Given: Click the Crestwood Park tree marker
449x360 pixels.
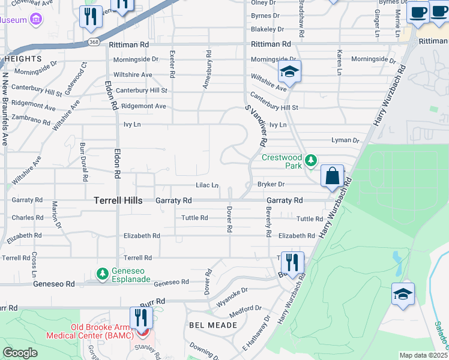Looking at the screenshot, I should [x=310, y=160].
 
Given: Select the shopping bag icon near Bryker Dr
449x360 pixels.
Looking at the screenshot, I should [x=332, y=176].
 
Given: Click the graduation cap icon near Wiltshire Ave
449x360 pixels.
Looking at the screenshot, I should [x=289, y=73].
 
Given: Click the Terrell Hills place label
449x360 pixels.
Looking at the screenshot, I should [x=118, y=200].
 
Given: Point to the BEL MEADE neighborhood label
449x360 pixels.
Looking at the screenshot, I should [x=213, y=325].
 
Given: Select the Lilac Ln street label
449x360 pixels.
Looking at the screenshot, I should [x=206, y=185].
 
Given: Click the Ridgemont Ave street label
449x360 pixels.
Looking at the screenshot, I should [x=143, y=106].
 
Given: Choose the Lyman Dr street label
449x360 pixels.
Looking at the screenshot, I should [x=345, y=140].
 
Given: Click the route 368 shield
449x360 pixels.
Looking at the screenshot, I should [x=92, y=41].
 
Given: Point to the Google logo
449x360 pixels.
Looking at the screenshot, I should [x=20, y=353].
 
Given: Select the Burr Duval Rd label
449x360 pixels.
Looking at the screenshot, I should [x=84, y=162].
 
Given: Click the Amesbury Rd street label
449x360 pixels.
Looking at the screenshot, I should [x=206, y=74].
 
